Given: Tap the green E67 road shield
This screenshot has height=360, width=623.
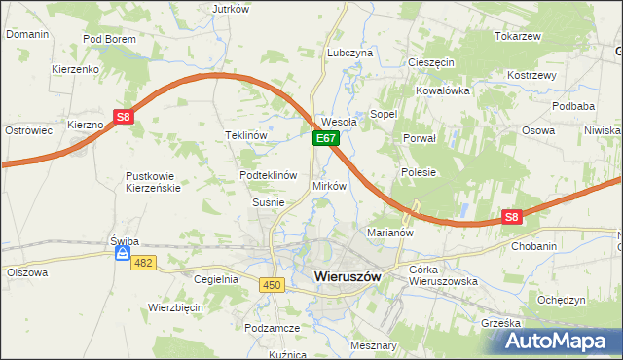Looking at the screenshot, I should pyautogui.click(x=325, y=140).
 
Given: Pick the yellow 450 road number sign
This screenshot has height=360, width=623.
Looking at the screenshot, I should pyautogui.click(x=272, y=284).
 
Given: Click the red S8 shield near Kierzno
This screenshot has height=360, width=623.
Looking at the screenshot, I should pyautogui.click(x=123, y=117).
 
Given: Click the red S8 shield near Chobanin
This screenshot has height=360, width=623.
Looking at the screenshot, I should pyautogui.click(x=512, y=218).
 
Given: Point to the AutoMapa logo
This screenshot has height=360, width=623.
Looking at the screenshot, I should pyautogui.click(x=561, y=342).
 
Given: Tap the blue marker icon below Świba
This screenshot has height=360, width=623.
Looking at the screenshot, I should pyautogui.click(x=123, y=254).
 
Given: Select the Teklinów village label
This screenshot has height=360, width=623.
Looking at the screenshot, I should pyautogui.click(x=246, y=135).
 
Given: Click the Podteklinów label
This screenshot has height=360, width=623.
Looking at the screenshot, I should pyautogui.click(x=268, y=175).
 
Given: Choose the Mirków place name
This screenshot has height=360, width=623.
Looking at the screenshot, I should pyautogui.click(x=329, y=185).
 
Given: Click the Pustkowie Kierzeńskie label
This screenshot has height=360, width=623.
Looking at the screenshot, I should pyautogui.click(x=154, y=182).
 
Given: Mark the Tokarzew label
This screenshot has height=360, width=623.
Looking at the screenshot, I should pyautogui.click(x=517, y=36).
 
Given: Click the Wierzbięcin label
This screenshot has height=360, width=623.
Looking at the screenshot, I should pyautogui.click(x=175, y=306).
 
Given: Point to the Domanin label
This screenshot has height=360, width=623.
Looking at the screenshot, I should pyautogui.click(x=27, y=34).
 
